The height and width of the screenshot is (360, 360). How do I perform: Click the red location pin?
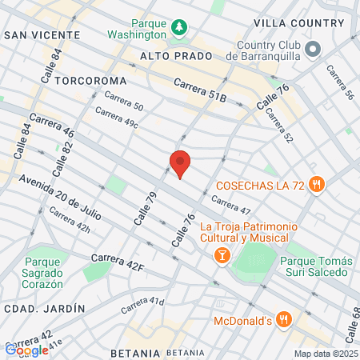tap(181, 163)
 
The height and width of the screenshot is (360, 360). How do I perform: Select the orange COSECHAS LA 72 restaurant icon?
tap(318, 185)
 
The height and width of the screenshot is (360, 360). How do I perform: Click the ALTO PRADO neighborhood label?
tap(176, 57)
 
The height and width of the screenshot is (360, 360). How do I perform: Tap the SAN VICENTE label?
tap(42, 35)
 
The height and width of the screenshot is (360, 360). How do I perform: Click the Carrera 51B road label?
tap(200, 89)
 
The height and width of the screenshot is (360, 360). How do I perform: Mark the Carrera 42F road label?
tap(117, 260)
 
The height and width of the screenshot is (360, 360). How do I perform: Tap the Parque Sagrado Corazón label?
tap(48, 268)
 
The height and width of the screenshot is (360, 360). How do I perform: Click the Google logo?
tap(26, 350)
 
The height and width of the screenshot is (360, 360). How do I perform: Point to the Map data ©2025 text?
tap(325, 354)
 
